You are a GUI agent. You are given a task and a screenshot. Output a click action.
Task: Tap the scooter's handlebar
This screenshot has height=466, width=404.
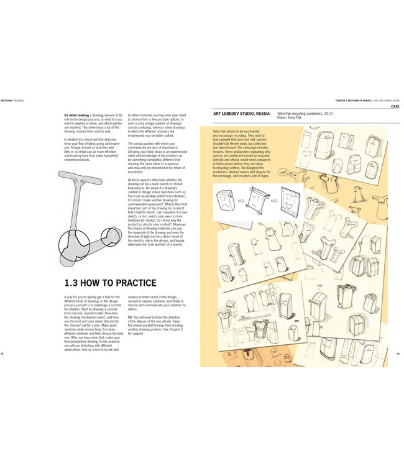(81, 180)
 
